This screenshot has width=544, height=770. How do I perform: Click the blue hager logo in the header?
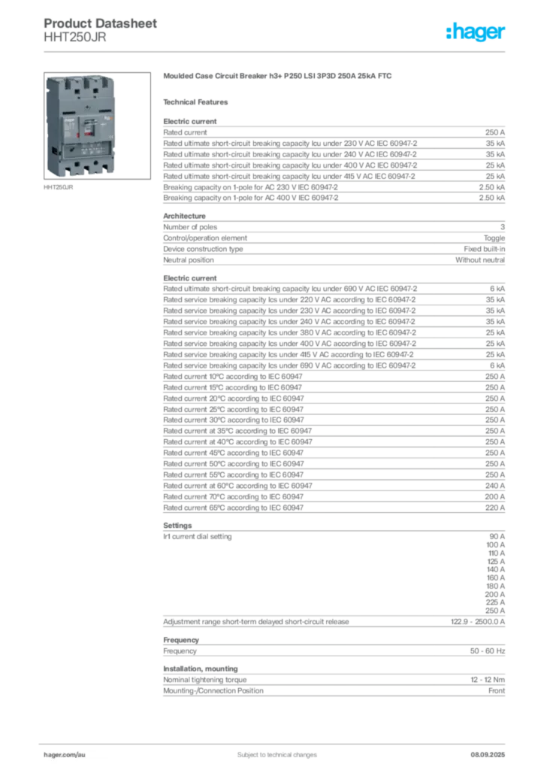[x=476, y=32]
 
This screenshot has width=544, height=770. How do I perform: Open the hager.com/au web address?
[x=66, y=753]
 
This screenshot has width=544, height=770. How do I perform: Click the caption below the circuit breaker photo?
[x=61, y=187]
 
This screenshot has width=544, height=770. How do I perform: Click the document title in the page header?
[x=101, y=23]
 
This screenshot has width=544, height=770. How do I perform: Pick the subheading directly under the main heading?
[x=199, y=102]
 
